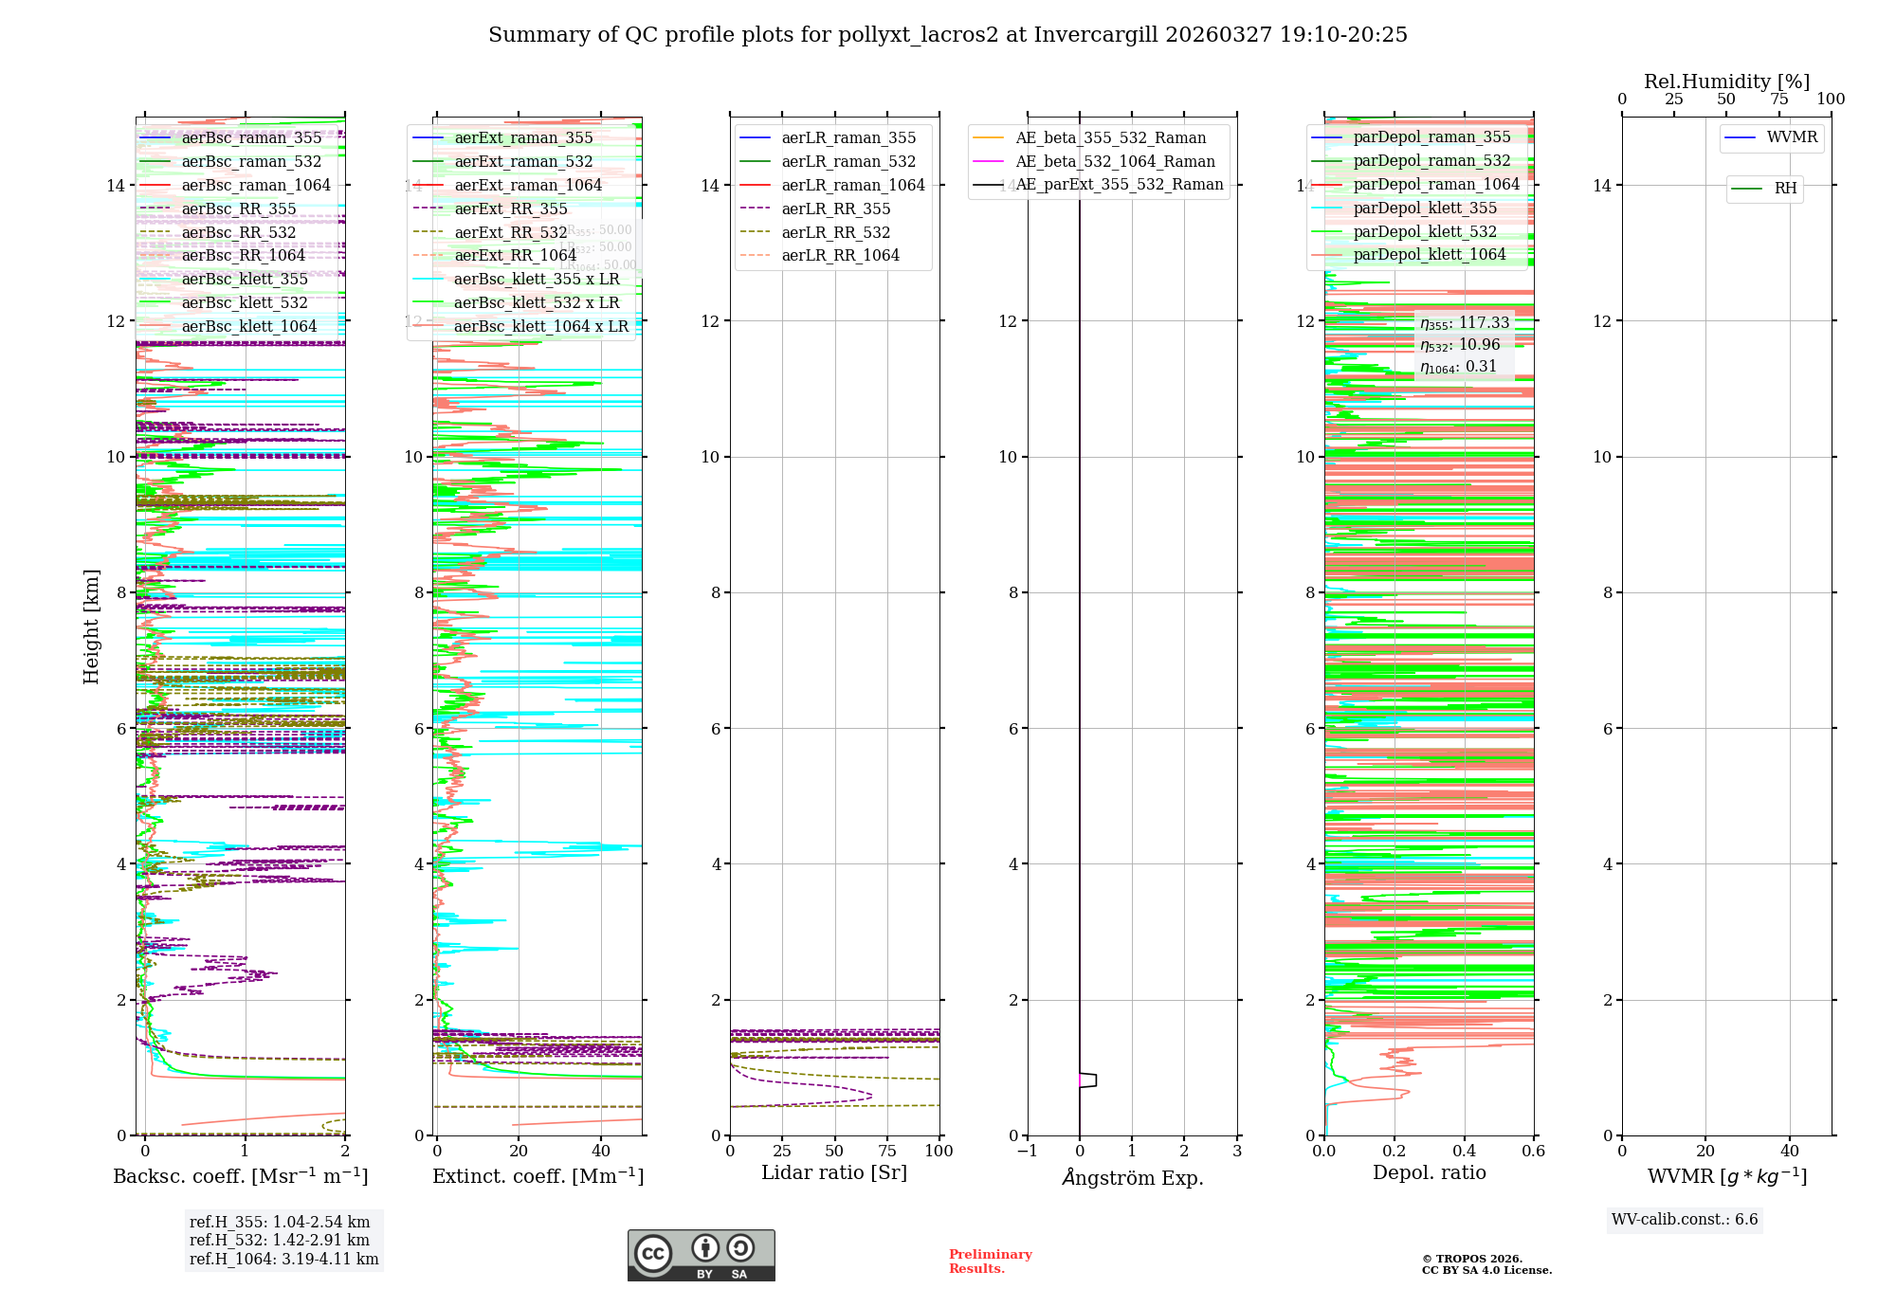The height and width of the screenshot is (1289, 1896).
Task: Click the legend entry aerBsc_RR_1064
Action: [x=243, y=256]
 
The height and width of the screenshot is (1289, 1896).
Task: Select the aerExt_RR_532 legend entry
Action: [x=510, y=232]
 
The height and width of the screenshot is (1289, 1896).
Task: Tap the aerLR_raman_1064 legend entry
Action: [x=852, y=185]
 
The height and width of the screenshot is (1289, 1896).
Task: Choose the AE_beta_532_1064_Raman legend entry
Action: [x=1115, y=161]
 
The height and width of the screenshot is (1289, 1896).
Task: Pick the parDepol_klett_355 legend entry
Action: [x=1425, y=209]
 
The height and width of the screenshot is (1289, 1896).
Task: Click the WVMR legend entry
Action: [x=1792, y=137]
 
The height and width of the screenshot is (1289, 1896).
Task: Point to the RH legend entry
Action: [x=1785, y=189]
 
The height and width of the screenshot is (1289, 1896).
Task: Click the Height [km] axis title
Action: [x=91, y=626]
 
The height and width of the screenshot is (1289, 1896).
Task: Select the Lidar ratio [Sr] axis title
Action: [x=834, y=1173]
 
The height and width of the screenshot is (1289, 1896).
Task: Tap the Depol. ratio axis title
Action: [x=1429, y=1173]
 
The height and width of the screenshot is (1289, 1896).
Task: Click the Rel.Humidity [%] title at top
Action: [x=1726, y=82]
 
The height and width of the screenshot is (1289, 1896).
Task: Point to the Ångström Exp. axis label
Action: [x=1132, y=1178]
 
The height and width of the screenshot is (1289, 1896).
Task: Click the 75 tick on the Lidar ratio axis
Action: [x=887, y=1152]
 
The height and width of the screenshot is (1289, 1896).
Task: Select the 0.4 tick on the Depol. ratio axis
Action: [x=1464, y=1152]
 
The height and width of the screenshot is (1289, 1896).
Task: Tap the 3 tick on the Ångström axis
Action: [x=1236, y=1152]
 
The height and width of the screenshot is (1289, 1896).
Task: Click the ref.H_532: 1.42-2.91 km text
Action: [x=280, y=1241]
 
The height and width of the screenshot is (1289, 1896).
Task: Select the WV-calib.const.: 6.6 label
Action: [x=1685, y=1220]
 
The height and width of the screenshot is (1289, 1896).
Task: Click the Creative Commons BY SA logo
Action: [x=701, y=1256]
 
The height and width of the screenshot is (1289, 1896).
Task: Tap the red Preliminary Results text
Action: [x=990, y=1262]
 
